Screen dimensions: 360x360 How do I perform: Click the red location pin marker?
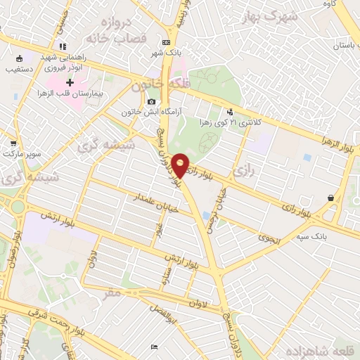pos(181,165)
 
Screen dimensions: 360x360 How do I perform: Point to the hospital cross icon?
pos(70,83)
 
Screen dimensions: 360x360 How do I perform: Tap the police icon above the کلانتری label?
pos(229,111)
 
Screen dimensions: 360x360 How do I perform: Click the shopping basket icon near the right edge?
pos(330,199)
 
